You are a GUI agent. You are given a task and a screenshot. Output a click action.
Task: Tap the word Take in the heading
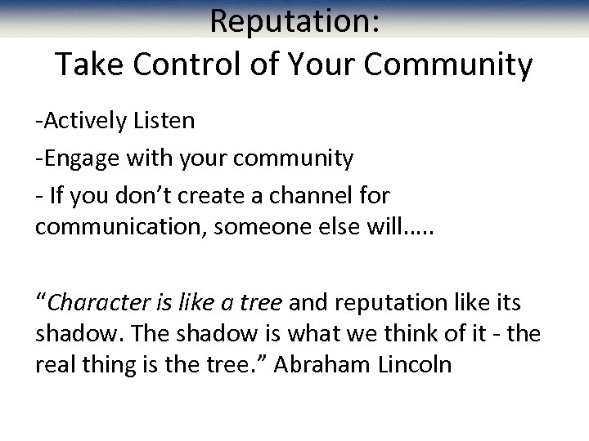[x=88, y=65]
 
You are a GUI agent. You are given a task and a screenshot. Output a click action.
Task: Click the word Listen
[x=168, y=122]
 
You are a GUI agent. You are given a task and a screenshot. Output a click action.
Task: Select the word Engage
[x=78, y=158]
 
